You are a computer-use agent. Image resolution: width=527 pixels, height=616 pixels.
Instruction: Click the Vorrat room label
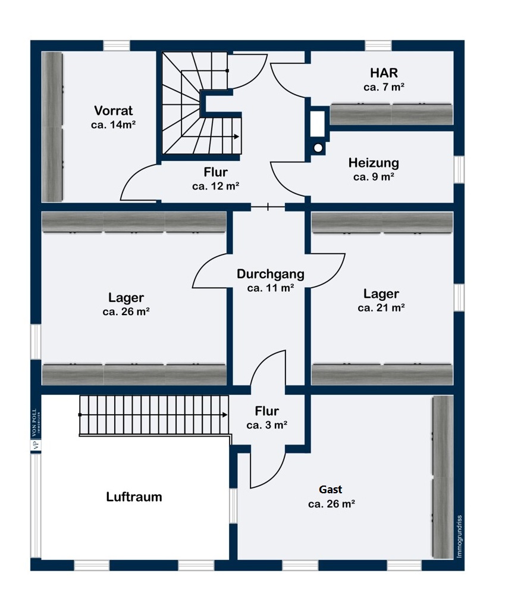click(113, 111)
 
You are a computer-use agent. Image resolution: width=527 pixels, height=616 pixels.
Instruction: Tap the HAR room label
click(384, 73)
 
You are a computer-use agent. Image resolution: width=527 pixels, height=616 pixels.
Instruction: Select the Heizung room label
click(374, 163)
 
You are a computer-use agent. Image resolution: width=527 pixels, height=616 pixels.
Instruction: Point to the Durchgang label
click(271, 274)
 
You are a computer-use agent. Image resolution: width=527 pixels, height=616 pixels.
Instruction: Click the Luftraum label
click(134, 497)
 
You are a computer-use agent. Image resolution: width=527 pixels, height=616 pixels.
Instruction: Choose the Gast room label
click(331, 490)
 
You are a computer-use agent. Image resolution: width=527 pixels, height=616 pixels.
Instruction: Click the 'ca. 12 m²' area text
click(215, 186)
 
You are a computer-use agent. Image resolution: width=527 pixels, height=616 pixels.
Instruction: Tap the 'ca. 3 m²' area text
click(267, 425)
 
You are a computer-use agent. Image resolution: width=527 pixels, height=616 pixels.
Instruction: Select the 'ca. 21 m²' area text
click(381, 308)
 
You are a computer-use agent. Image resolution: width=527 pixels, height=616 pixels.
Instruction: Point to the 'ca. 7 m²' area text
click(384, 87)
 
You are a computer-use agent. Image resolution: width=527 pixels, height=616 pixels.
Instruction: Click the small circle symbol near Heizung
click(318, 147)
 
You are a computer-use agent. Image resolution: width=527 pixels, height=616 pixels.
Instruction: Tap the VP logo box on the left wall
click(35, 444)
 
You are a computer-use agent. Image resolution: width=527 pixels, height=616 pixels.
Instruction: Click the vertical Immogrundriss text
click(459, 536)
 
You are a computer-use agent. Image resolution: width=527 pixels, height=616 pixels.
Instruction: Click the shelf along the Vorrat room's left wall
click(52, 126)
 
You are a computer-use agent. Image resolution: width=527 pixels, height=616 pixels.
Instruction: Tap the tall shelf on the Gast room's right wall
click(442, 477)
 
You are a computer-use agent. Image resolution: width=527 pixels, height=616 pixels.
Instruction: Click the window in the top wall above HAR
click(378, 46)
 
